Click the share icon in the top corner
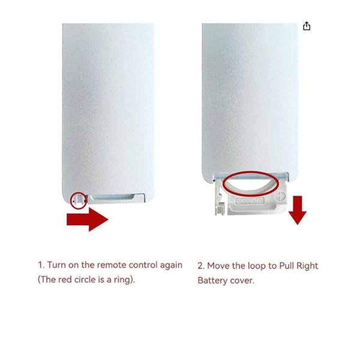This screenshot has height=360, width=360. (307, 26)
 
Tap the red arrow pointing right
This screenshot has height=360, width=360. (87, 220)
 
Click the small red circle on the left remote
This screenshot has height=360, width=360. (78, 199)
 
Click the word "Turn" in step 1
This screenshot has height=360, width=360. (58, 265)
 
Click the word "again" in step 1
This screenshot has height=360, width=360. (170, 266)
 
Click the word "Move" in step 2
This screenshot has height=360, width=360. (220, 266)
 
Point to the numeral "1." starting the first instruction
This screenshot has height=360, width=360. (41, 265)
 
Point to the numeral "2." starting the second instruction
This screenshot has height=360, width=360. (202, 266)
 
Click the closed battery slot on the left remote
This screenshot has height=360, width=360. (118, 197)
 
